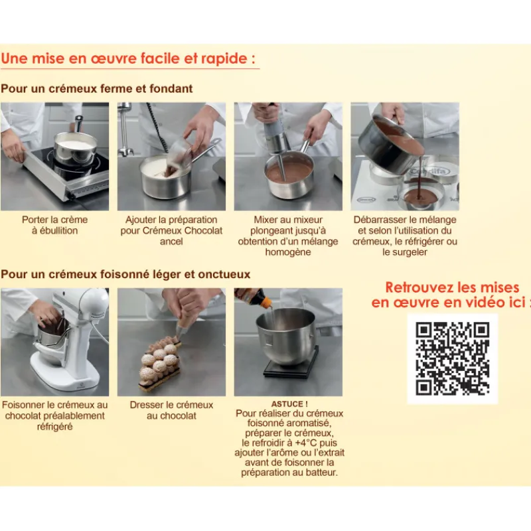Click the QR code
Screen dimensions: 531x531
click(x=453, y=358)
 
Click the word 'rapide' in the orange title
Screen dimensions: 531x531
click(x=224, y=58)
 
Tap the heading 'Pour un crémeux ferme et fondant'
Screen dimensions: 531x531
click(x=96, y=89)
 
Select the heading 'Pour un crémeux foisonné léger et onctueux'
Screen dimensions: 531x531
click(x=125, y=274)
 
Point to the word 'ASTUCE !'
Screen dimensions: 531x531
click(x=289, y=404)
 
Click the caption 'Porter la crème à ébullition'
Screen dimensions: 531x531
click(x=55, y=225)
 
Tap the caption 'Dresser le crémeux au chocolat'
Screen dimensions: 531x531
click(x=171, y=410)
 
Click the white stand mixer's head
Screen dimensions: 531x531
click(x=92, y=303)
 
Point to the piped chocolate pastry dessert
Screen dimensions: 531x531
click(x=160, y=363)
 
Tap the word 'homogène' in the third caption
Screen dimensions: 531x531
click(x=288, y=252)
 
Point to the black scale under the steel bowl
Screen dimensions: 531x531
click(x=291, y=366)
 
